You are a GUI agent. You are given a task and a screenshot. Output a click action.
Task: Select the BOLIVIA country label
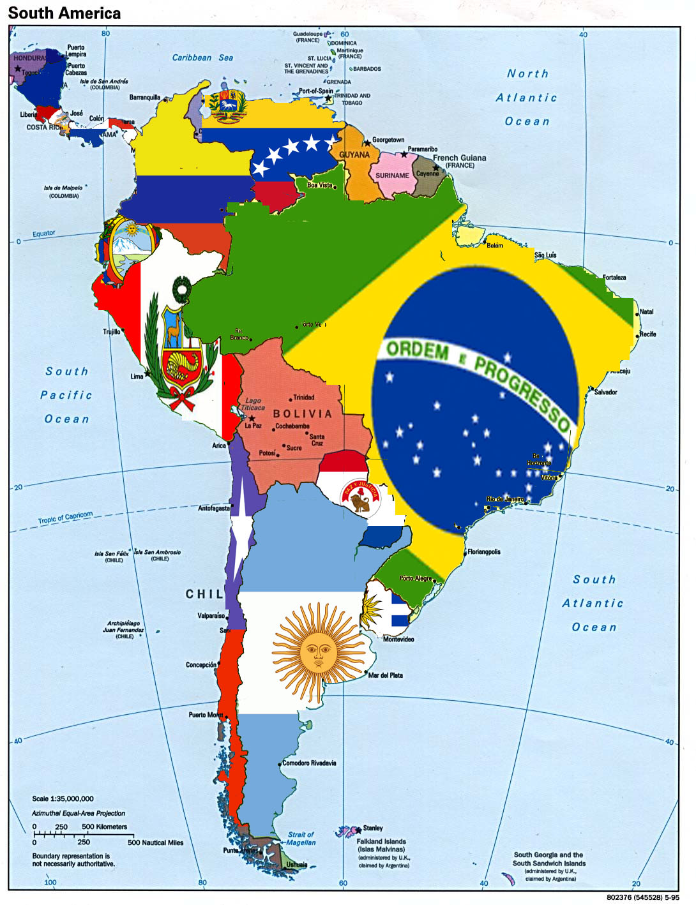tap(303, 414)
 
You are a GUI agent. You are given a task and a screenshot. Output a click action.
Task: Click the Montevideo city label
tap(398, 639)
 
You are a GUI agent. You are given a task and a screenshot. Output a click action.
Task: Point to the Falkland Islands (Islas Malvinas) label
tap(381, 845)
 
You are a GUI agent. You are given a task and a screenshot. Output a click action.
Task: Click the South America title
tap(64, 13)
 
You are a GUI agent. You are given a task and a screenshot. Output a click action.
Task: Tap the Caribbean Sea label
tap(202, 57)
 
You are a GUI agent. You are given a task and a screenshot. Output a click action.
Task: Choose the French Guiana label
tap(459, 158)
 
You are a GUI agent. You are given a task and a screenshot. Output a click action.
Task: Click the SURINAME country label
tap(392, 176)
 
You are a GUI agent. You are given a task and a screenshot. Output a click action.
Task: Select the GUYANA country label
tap(354, 154)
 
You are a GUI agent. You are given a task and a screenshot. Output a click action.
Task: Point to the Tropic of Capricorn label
tap(65, 518)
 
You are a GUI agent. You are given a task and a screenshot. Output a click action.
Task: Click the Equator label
tap(44, 234)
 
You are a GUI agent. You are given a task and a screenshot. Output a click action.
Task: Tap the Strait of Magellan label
tap(301, 838)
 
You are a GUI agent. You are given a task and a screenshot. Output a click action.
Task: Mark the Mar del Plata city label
tap(386, 675)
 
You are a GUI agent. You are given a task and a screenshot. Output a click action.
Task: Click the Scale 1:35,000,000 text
tap(63, 798)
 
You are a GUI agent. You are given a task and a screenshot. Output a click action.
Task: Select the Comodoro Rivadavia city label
tap(309, 763)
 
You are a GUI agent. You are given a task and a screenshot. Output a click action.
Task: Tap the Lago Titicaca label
tap(253, 404)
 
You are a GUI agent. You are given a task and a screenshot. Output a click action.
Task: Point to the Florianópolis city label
tap(484, 551)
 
